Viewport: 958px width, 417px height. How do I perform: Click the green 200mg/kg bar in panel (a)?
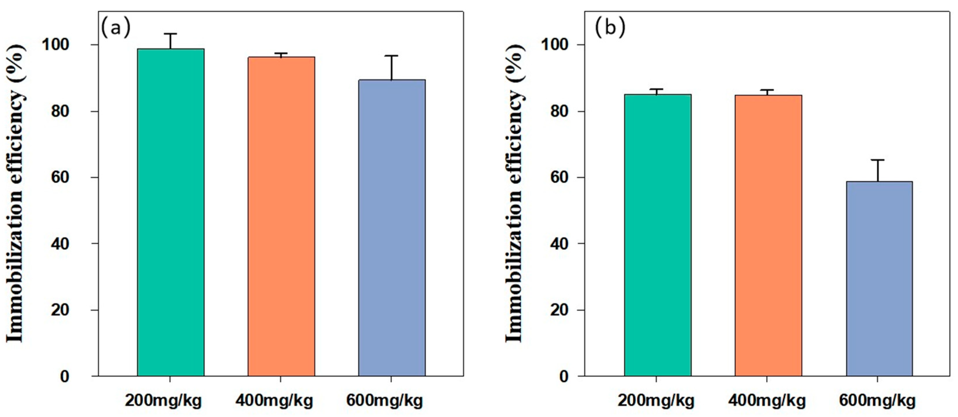coord(171,212)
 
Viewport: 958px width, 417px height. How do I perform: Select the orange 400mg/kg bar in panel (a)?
coord(281,216)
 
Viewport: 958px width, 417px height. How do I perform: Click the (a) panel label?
coord(116,28)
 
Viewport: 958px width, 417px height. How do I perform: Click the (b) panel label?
coord(610,28)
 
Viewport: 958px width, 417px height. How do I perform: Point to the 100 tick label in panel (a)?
coord(55,45)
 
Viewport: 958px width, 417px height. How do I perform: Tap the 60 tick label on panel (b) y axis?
coord(560,177)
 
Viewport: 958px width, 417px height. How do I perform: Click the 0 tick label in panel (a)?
coord(65,376)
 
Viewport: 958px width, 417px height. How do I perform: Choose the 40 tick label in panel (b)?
coord(560,244)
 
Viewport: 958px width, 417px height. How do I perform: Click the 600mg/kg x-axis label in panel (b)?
coord(877,401)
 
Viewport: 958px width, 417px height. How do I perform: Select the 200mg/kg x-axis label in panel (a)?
coord(163,401)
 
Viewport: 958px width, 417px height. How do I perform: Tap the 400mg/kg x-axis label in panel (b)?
coord(767,401)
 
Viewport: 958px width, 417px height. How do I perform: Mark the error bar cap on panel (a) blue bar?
coord(392,56)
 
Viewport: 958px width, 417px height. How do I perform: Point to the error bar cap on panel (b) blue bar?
coord(878,160)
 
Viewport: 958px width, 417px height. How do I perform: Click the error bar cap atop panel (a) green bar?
coord(170,34)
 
